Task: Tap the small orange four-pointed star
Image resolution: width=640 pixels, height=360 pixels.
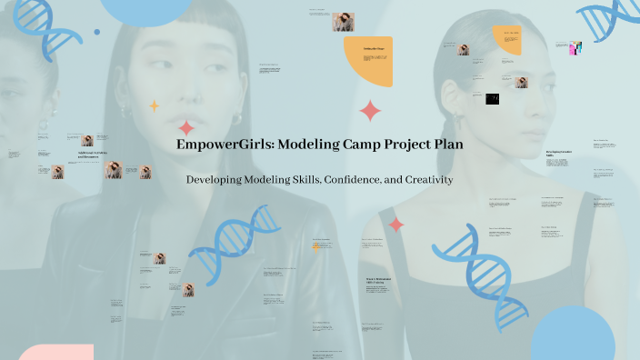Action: point(155,105)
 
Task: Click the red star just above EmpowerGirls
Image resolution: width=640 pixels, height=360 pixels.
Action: point(186,128)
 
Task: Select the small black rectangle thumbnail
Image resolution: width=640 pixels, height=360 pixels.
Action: point(492,99)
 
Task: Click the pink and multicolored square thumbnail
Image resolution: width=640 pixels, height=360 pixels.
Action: point(575,48)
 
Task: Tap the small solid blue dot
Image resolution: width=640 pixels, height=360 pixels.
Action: point(97,32)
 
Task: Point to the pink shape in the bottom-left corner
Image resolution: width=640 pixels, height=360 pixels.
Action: point(55,352)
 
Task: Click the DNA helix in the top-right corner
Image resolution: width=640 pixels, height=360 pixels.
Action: point(610,19)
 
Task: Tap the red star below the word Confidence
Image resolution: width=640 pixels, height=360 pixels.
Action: point(396,224)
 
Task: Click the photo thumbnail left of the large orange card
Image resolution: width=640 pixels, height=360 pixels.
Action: point(344,22)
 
